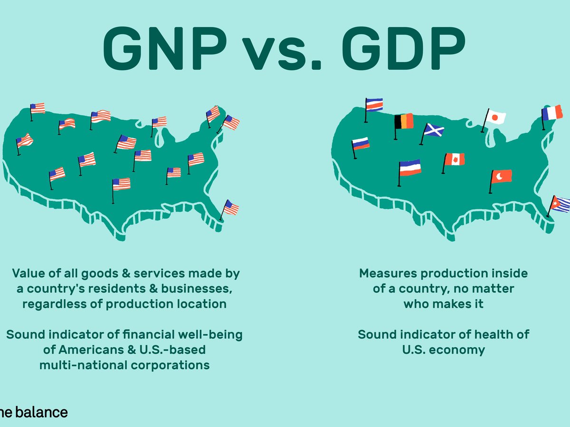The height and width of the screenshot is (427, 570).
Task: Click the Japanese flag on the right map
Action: click(496, 117)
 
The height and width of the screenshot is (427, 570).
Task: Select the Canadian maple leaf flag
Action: click(455, 159)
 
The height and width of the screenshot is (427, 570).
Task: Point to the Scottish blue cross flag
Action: click(434, 130)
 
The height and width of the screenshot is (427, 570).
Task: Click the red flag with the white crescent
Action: click(502, 176)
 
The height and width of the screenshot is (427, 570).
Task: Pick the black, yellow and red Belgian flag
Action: click(405, 121)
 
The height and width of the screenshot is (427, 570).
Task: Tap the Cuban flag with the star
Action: click(561, 205)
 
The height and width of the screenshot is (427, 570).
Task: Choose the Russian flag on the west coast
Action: click(361, 144)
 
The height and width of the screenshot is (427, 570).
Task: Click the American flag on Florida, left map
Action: click(231, 207)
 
